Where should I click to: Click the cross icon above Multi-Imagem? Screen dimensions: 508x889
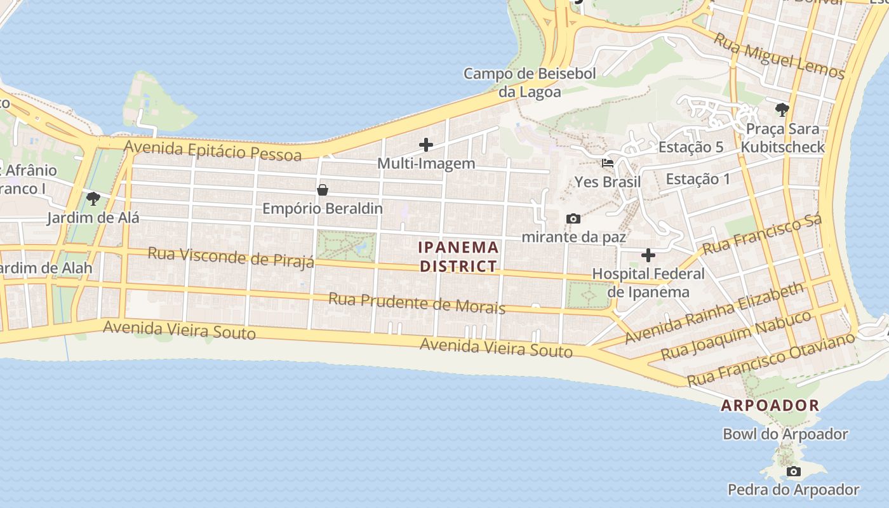click(426, 145)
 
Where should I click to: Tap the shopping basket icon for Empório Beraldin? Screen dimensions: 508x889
click(323, 190)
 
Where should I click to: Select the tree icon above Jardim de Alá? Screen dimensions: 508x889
click(93, 199)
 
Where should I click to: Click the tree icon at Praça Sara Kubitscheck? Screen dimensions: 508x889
click(782, 110)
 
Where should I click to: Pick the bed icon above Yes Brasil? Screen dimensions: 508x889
click(608, 163)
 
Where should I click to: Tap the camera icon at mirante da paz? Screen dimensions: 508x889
click(573, 219)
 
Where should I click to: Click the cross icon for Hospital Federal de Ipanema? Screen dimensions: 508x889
click(648, 256)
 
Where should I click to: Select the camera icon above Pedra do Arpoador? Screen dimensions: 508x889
click(793, 471)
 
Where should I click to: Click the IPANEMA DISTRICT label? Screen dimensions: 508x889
click(458, 257)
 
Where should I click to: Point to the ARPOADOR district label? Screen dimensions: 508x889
click(770, 405)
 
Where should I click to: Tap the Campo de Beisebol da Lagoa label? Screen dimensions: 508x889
click(530, 83)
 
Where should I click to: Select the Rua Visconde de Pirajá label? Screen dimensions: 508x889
click(231, 257)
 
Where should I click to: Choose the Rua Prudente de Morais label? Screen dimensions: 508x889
click(417, 303)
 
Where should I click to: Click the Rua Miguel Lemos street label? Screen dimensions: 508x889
click(780, 55)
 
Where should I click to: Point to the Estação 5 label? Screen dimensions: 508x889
click(690, 147)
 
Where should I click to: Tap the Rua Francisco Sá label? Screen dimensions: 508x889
click(762, 234)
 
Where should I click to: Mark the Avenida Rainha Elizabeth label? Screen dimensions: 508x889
click(714, 314)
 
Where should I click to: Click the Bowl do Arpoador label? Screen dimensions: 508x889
click(785, 434)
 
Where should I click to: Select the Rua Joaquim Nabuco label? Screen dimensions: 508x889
click(736, 335)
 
